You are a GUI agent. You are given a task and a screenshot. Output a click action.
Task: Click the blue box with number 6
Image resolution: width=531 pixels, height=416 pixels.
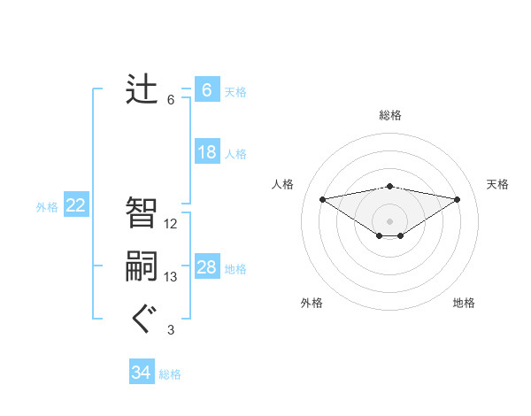[x=206, y=90]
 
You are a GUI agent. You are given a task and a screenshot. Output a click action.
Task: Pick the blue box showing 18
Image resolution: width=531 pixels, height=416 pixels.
[x=207, y=152]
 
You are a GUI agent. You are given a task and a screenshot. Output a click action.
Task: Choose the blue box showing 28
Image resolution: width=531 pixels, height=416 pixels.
[x=207, y=267]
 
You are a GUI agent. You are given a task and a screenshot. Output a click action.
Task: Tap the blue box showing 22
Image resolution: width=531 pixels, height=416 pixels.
[x=76, y=205]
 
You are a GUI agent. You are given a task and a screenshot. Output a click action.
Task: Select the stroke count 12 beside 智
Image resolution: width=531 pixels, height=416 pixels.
[x=171, y=223]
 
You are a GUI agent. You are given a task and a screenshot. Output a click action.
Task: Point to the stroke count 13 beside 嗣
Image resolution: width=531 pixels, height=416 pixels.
[x=171, y=277]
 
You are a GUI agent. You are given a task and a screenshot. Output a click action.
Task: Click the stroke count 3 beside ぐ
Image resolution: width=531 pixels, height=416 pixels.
[x=171, y=330]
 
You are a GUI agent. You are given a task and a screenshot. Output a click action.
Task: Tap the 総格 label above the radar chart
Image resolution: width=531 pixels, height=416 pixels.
[x=389, y=115]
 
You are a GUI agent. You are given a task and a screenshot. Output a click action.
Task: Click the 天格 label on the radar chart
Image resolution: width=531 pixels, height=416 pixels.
[x=497, y=184]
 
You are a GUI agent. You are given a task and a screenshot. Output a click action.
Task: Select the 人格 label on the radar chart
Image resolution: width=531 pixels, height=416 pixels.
[x=282, y=184]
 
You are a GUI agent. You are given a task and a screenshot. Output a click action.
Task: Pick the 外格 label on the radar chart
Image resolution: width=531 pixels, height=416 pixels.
[x=312, y=303]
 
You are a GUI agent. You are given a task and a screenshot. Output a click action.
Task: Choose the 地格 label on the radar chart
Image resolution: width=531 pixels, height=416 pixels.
[x=464, y=303]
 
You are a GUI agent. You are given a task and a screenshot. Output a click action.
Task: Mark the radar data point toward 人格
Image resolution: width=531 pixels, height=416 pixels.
[x=322, y=198]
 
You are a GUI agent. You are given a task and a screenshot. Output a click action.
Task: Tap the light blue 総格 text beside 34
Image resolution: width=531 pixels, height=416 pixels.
[x=170, y=374]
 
